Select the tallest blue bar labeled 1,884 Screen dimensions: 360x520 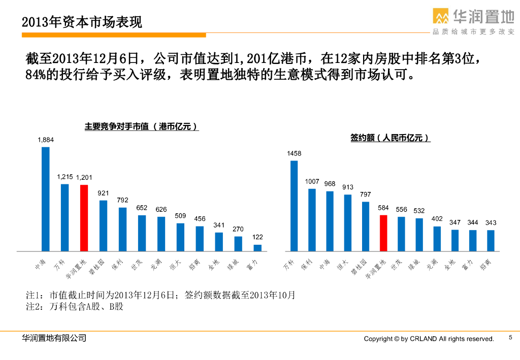coord(46,199)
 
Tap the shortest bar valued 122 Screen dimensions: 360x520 coord(257,248)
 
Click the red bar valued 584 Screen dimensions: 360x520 coord(383,233)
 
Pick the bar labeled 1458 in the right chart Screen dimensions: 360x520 coord(294,206)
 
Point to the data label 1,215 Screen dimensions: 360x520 coord(64,177)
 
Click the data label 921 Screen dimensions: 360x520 coord(104,193)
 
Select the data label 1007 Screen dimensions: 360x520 coord(312,181)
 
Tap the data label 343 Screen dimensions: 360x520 coord(491,223)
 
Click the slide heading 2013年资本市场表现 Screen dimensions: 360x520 coord(82,22)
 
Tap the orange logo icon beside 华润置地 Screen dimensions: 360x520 coord(441,16)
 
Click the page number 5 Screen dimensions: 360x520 coord(510,338)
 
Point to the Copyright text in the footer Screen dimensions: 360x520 coord(429,339)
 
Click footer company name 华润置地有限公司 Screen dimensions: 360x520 coord(54,338)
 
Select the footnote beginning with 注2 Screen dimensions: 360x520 coord(74,307)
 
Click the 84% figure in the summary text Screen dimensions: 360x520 coord(36,75)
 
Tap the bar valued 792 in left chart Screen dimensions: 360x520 coord(123,229)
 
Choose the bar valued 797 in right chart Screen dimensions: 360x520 coord(366,226)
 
